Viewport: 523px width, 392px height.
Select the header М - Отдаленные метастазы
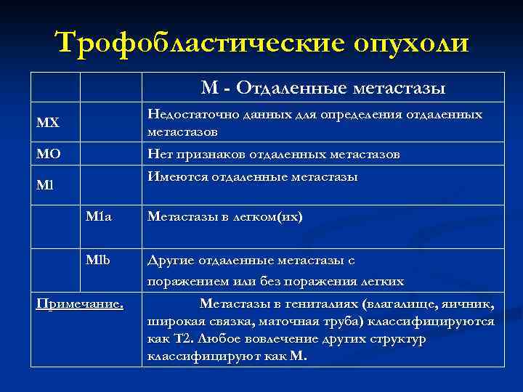(x=323, y=88)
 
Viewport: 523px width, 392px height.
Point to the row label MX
(x=49, y=123)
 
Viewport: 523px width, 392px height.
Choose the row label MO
(x=49, y=154)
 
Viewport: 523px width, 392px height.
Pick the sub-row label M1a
(x=99, y=216)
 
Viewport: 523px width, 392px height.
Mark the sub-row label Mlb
(x=98, y=259)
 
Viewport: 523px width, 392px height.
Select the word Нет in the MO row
(x=160, y=155)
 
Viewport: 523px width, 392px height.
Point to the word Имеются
(x=177, y=177)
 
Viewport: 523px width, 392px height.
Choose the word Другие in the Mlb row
(x=171, y=260)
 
